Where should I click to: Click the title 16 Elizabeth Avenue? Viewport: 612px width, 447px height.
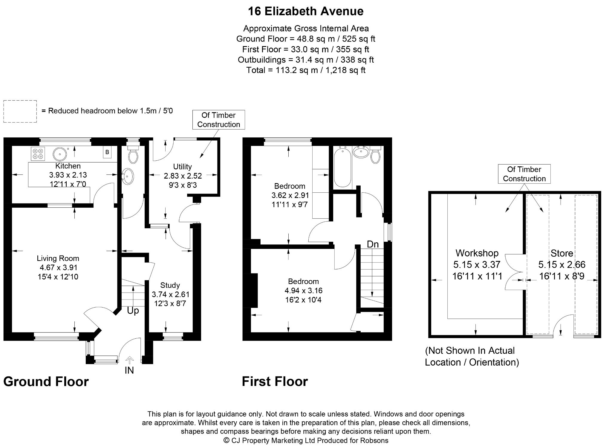tap(306, 11)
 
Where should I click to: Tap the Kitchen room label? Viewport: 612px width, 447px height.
tap(68, 166)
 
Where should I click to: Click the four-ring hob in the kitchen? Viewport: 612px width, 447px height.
tap(38, 153)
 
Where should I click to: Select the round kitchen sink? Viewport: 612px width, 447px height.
tap(59, 154)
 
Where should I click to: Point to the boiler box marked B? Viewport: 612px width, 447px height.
tap(107, 152)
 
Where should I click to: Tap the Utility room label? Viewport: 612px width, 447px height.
tap(183, 167)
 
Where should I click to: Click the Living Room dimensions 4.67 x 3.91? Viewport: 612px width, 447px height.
tap(59, 267)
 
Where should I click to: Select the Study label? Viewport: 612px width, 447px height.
tap(170, 285)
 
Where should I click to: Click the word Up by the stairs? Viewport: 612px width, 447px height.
tap(133, 311)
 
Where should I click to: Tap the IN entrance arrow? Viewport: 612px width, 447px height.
tap(129, 360)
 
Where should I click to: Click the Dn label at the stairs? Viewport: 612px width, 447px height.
tap(373, 244)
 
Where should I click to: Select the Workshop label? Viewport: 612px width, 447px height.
tap(477, 253)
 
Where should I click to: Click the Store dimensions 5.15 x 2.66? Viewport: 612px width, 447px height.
tap(562, 264)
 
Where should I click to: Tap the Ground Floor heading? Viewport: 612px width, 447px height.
tap(46, 382)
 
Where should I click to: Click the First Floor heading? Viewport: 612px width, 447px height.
tap(275, 382)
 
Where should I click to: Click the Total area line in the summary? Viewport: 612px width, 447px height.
tap(306, 70)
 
